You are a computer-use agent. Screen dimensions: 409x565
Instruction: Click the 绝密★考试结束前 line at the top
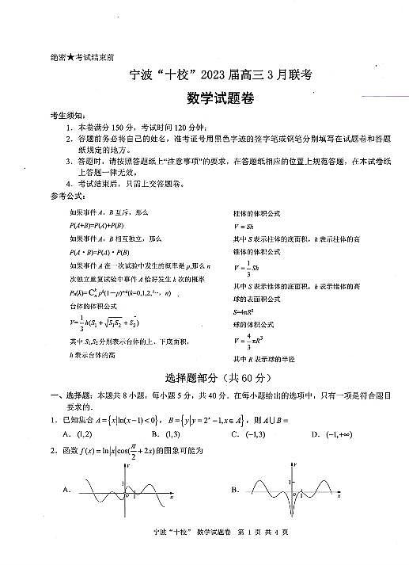[76, 57]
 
